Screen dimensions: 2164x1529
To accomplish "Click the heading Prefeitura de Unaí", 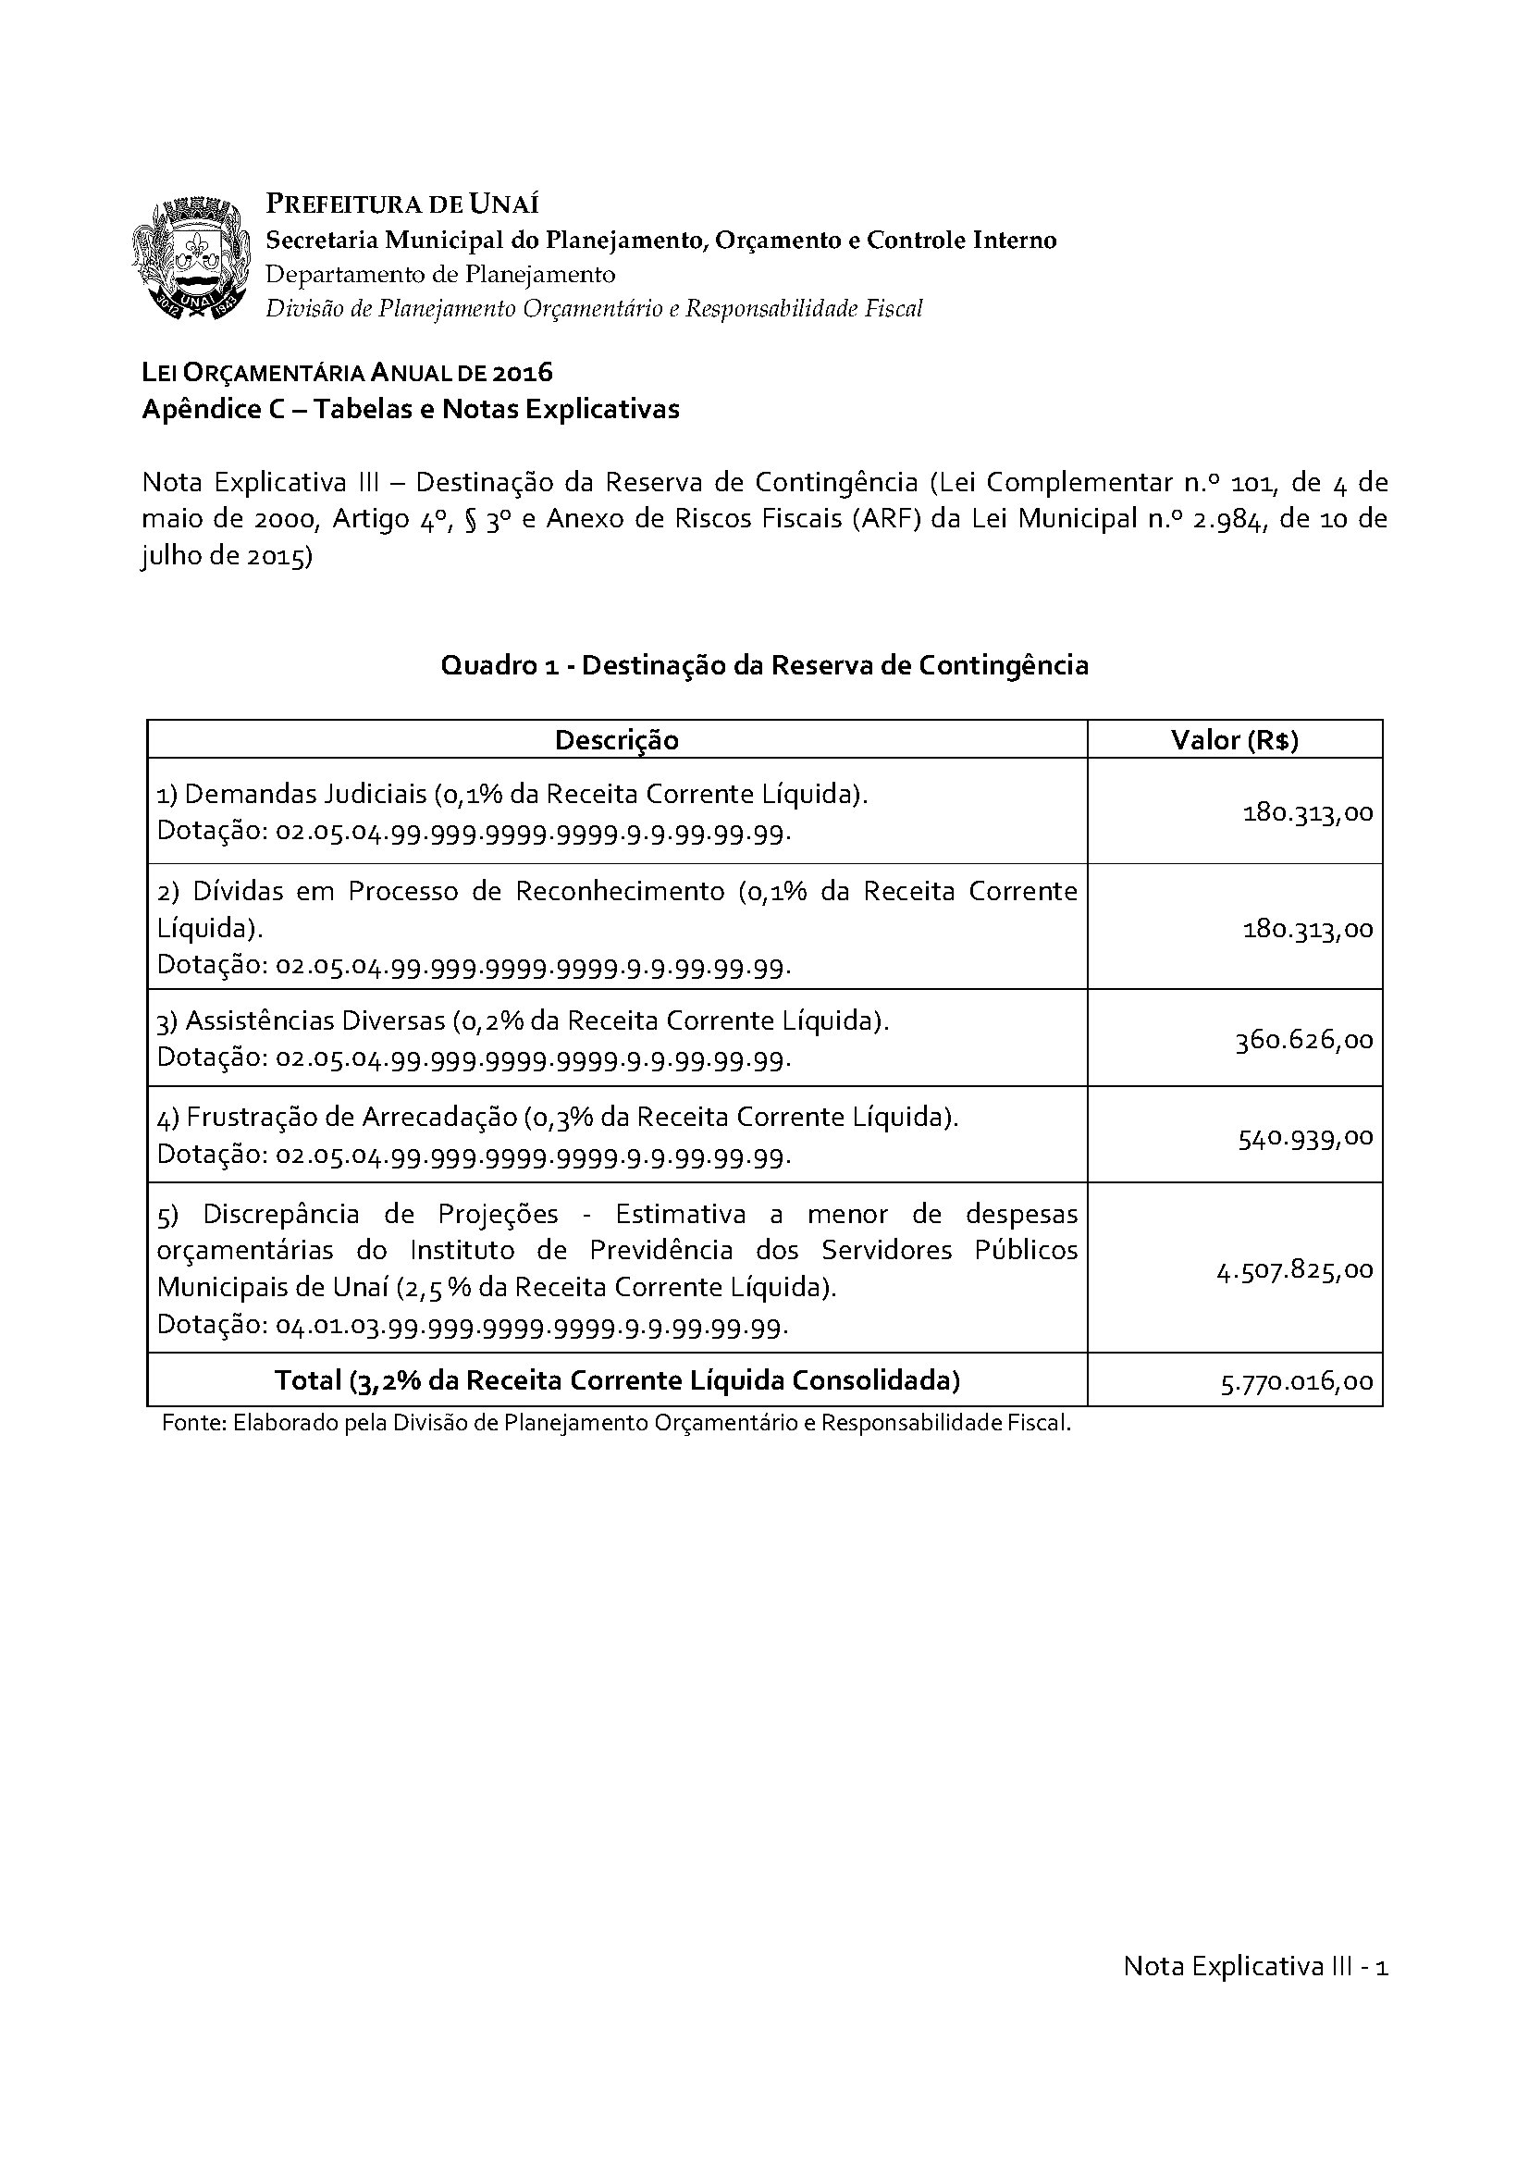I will point(403,204).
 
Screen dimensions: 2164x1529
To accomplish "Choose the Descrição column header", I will point(616,741).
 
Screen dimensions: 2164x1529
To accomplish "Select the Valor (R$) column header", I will point(1234,741).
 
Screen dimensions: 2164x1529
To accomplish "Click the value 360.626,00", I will point(1304,1040).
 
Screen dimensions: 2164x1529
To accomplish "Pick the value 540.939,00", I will point(1306,1138).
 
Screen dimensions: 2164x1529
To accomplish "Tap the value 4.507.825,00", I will point(1294,1270).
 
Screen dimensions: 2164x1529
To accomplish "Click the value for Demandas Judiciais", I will point(1308,812).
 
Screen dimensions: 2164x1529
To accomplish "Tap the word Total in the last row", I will point(308,1380).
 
